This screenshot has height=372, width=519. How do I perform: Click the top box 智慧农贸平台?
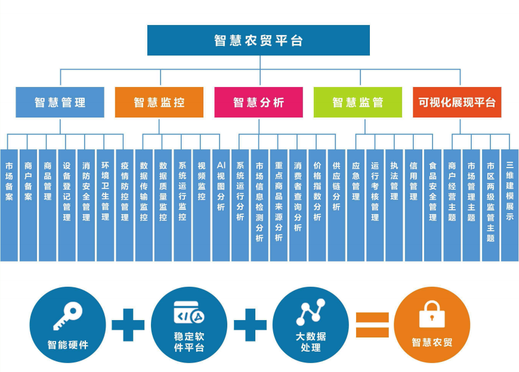coord(258,41)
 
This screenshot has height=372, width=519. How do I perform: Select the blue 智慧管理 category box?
coord(60,103)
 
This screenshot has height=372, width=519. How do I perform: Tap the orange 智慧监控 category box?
coord(159,103)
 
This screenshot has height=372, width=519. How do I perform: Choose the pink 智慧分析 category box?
coord(259,103)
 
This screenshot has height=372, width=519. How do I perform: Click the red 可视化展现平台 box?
coord(457,103)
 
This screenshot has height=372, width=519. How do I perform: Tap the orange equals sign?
coord(372,325)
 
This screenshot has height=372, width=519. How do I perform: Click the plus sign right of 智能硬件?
coord(128,325)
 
